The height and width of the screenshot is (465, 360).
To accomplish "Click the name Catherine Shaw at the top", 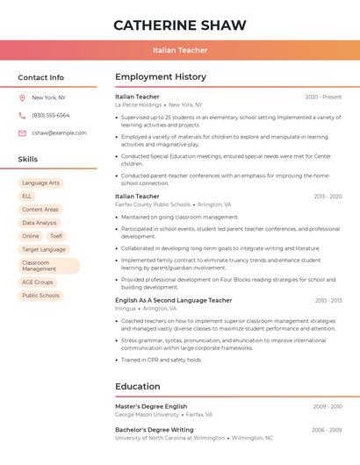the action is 180,25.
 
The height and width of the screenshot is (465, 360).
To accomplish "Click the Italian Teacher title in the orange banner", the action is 180,50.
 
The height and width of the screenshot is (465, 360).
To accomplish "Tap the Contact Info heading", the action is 41,77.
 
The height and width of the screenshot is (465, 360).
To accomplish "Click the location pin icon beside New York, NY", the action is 22,97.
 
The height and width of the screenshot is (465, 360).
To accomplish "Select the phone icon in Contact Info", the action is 22,115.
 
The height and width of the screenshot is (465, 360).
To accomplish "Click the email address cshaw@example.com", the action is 59,132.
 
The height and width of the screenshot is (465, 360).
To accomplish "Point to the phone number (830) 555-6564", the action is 51,115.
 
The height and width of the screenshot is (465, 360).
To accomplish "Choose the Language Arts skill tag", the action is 41,182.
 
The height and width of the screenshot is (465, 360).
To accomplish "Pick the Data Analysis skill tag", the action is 40,223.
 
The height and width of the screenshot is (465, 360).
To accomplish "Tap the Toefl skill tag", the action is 56,236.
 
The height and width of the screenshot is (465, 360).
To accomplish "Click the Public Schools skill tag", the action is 40,296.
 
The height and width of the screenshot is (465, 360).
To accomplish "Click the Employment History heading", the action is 160,77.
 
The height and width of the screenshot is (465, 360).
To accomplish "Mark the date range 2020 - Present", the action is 323,97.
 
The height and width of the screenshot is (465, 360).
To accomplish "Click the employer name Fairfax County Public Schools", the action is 152,204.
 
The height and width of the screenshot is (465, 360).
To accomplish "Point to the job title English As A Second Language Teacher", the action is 173,300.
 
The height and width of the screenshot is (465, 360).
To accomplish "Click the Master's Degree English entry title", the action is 151,406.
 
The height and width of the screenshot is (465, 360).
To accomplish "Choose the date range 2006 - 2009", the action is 327,430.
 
